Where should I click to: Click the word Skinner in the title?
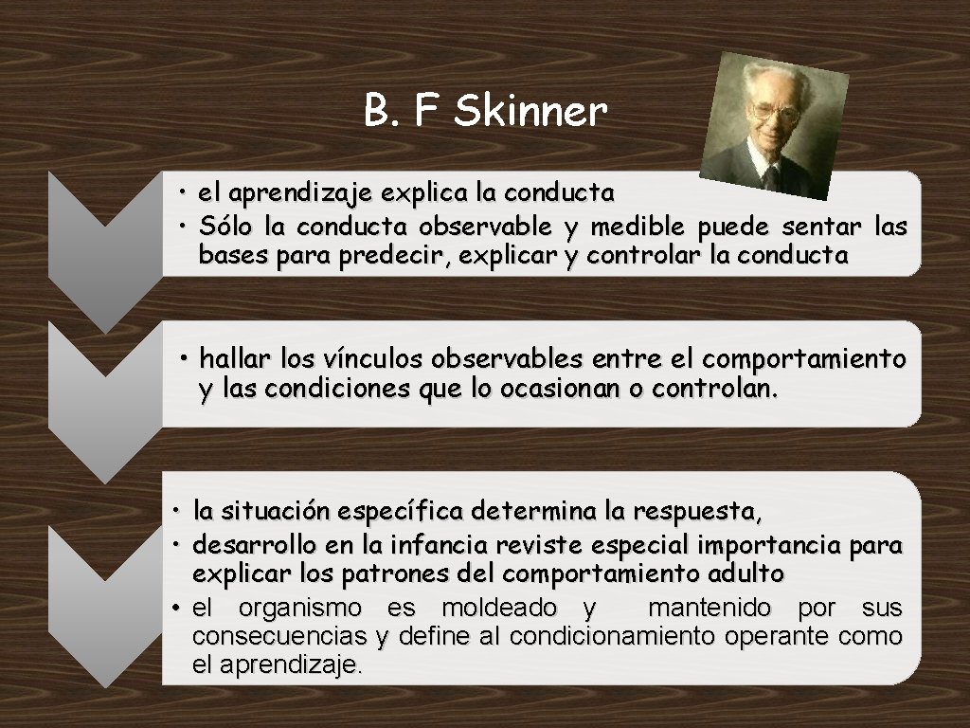pyautogui.click(x=530, y=112)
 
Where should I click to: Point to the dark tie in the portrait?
pyautogui.click(x=772, y=175)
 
